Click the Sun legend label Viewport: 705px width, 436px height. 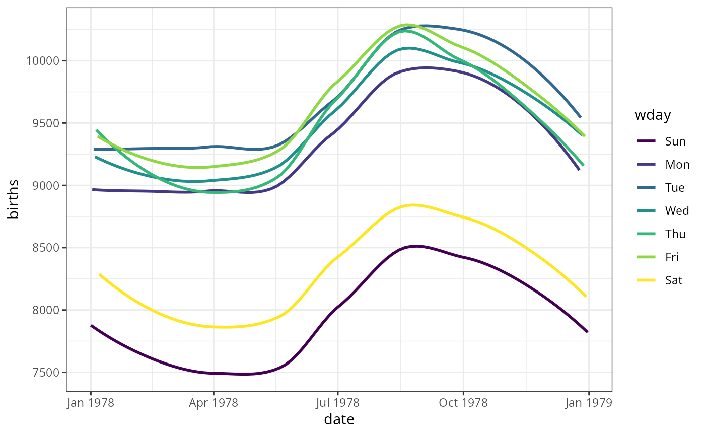click(x=675, y=141)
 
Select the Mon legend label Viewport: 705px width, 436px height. click(x=677, y=165)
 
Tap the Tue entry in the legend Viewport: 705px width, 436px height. click(x=675, y=188)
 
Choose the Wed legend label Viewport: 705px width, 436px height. click(x=677, y=211)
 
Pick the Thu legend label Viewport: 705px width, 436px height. click(x=675, y=234)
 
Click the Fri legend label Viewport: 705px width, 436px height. click(x=672, y=257)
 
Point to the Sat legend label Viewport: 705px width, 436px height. click(x=674, y=280)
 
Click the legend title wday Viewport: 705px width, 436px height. click(x=653, y=115)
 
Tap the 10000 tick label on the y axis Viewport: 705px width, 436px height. click(x=42, y=61)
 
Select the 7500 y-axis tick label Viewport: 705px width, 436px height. click(x=45, y=373)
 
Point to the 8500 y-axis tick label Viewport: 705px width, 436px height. click(x=45, y=248)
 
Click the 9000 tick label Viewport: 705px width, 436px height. click(x=45, y=186)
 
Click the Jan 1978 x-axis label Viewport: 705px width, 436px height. click(x=91, y=403)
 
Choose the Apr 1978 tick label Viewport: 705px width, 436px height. click(x=214, y=403)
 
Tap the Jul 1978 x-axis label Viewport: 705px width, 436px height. click(x=337, y=403)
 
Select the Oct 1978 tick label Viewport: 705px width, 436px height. click(x=463, y=403)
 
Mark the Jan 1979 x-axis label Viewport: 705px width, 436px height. click(x=589, y=403)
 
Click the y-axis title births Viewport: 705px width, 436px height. click(x=14, y=199)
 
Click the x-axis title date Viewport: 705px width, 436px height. click(x=339, y=420)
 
